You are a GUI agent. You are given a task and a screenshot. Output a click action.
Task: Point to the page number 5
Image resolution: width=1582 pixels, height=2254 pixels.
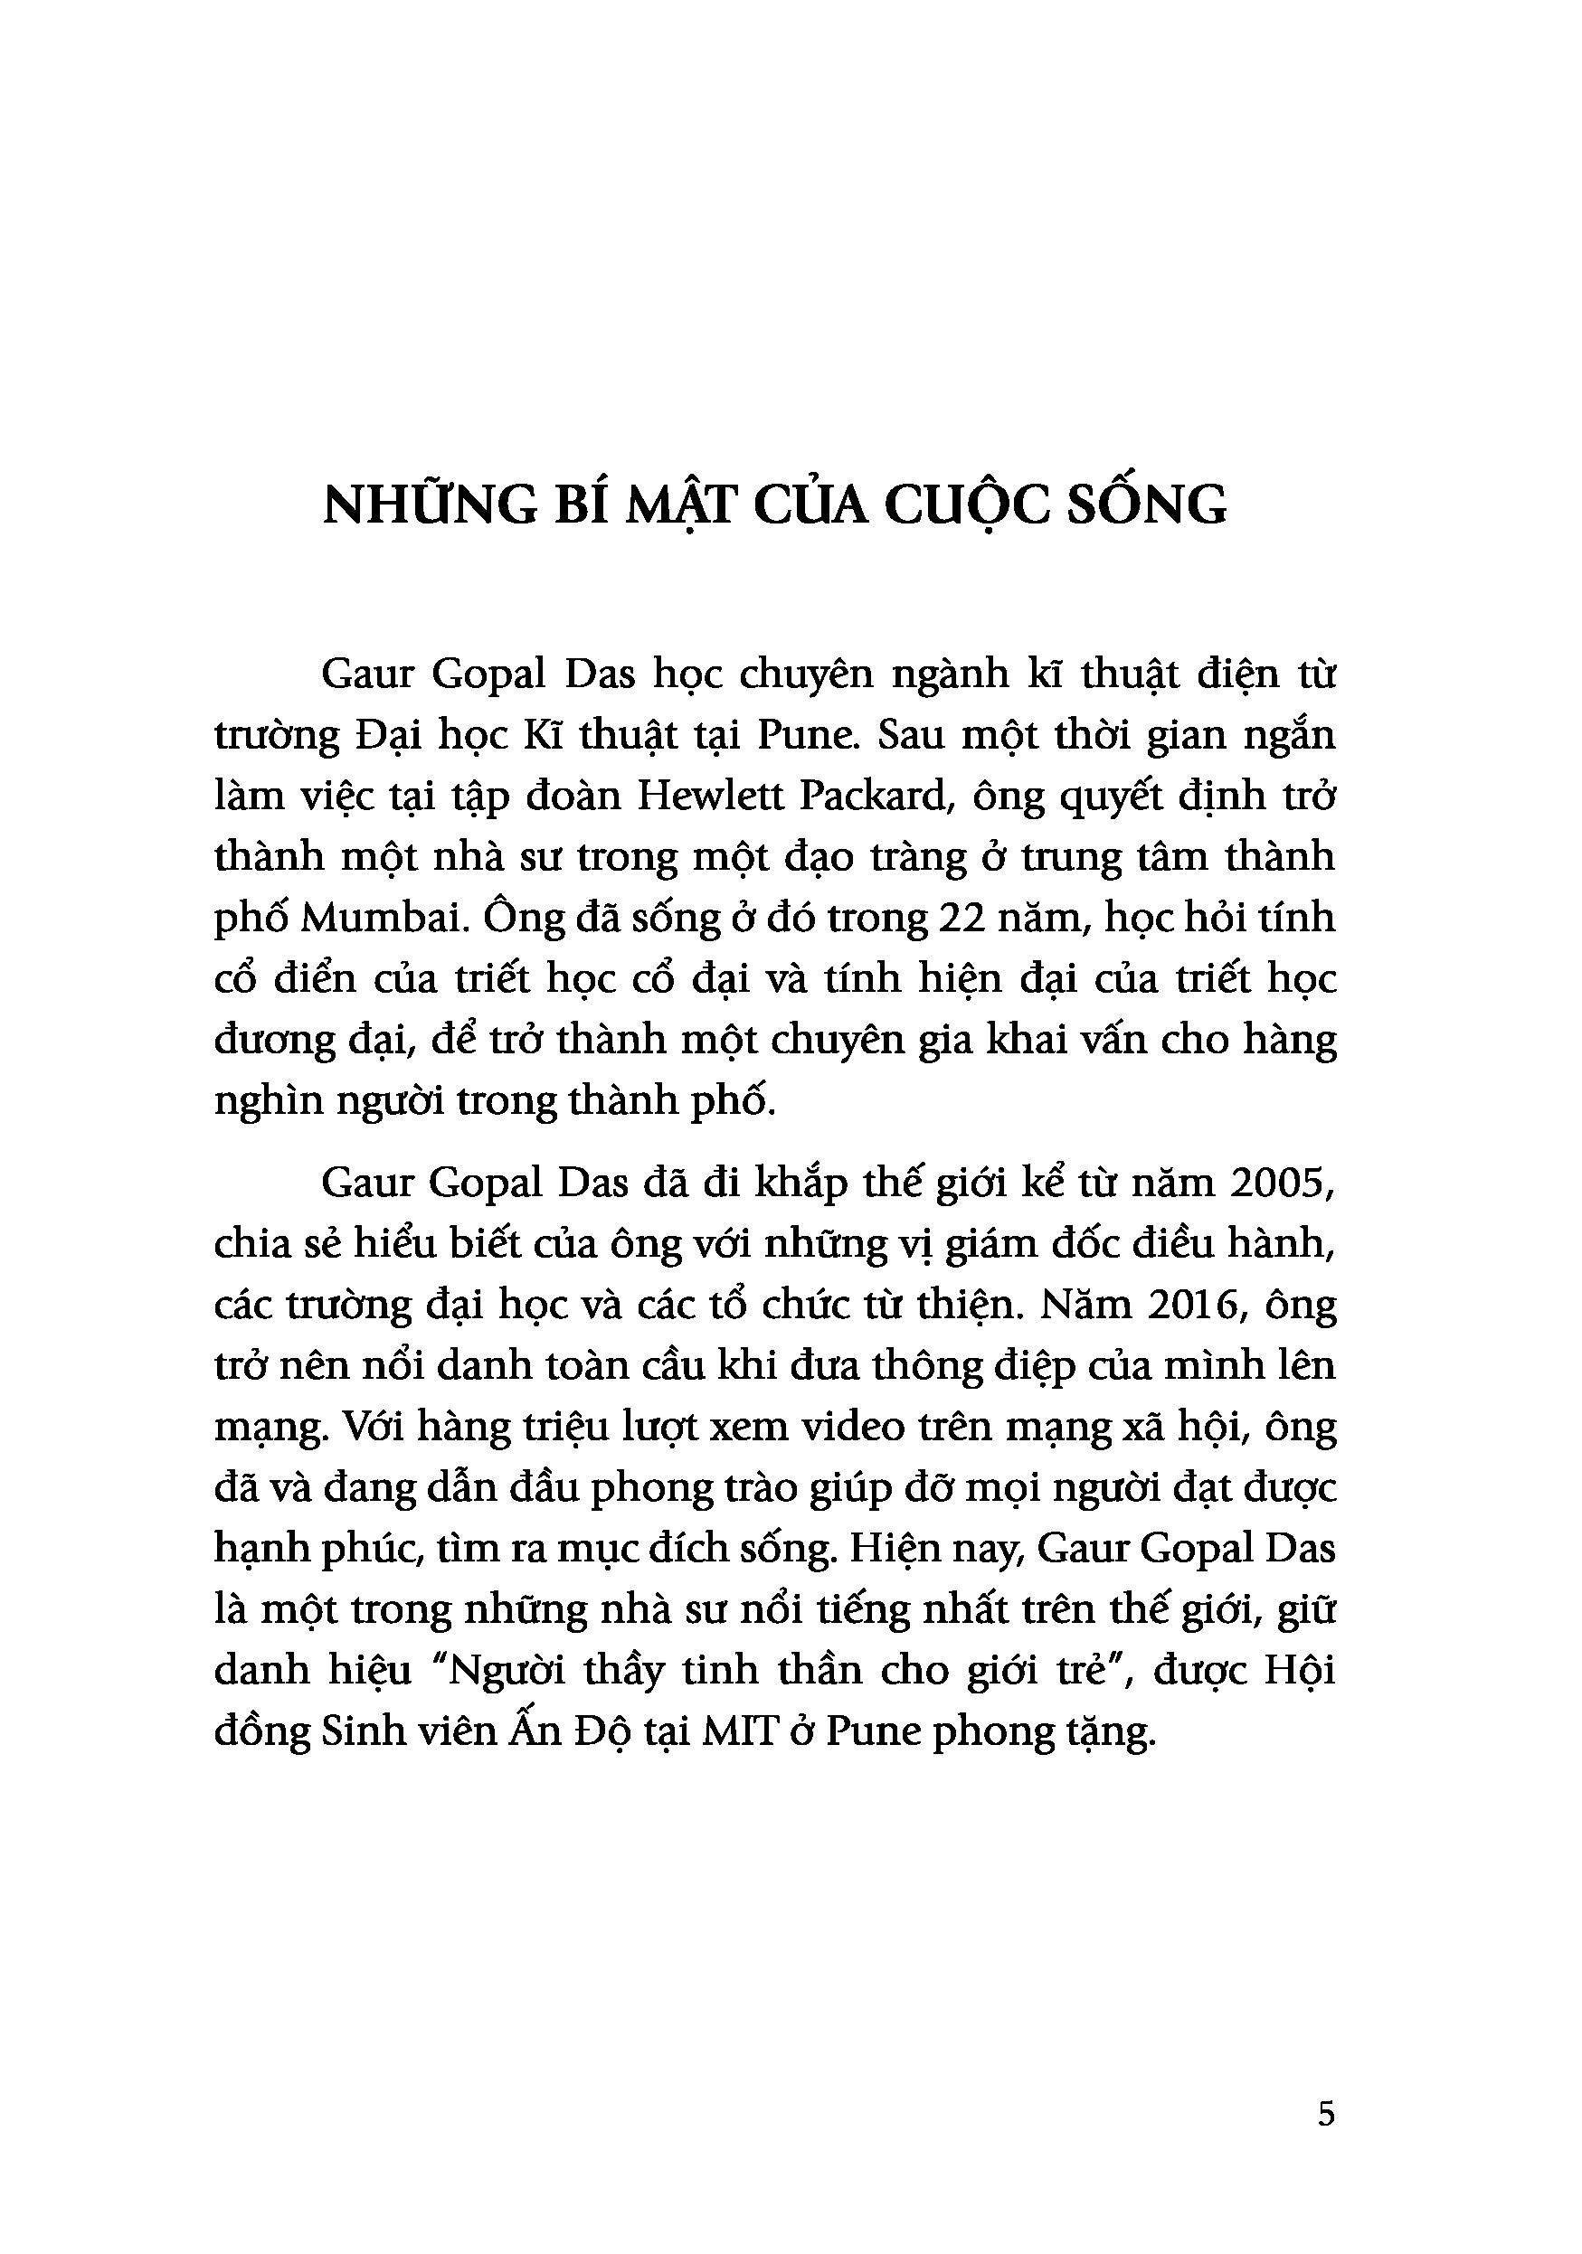[x=1326, y=2113]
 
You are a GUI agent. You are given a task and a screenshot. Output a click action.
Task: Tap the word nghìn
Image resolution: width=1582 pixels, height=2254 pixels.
[x=268, y=1100]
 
